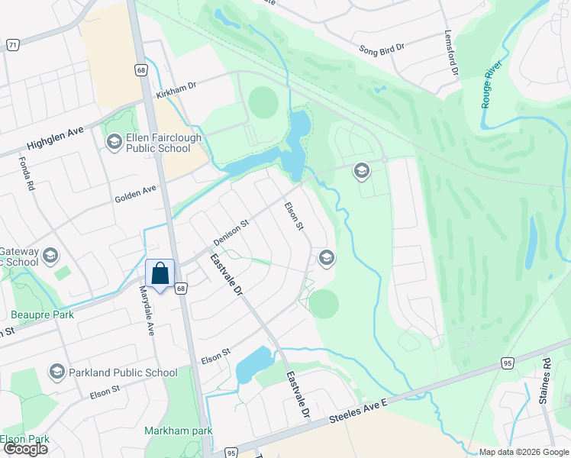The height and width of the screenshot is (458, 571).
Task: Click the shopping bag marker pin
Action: [160, 275]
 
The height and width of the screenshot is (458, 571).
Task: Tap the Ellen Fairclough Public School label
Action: [159, 144]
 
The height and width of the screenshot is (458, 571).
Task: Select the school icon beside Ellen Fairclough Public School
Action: [114, 141]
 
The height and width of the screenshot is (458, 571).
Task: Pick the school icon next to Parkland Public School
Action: [56, 373]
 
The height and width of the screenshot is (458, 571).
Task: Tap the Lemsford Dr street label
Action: [452, 53]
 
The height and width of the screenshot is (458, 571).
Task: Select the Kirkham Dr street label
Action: [176, 90]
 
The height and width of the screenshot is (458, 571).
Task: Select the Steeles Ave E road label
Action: [360, 414]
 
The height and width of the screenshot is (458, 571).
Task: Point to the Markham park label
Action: [179, 431]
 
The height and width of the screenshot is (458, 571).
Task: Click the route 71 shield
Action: [12, 46]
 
